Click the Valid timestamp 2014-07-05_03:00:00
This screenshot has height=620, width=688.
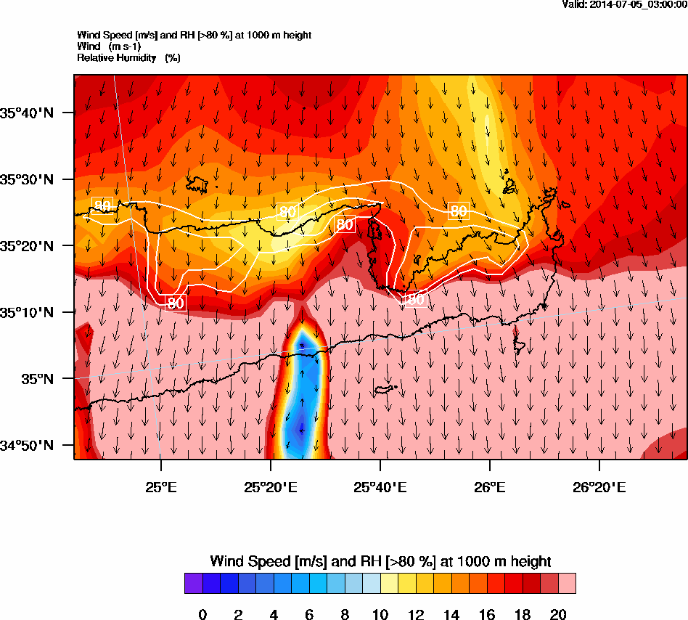click(625, 4)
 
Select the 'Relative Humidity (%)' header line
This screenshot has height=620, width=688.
click(128, 58)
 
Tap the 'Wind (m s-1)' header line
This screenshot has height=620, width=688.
click(110, 46)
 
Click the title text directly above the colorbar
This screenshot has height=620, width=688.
click(380, 561)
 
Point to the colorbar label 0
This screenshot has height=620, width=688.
click(202, 615)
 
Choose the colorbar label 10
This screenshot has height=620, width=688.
click(380, 615)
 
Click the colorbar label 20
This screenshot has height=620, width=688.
click(558, 615)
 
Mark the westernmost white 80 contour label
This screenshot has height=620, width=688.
click(103, 206)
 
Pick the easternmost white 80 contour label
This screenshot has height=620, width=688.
click(458, 211)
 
